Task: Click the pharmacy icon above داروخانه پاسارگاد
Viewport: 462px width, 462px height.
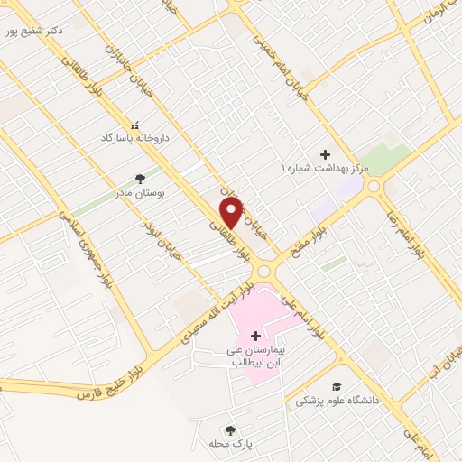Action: (x=135, y=125)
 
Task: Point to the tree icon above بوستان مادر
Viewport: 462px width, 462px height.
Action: (x=139, y=179)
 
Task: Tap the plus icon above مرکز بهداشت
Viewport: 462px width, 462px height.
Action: (x=325, y=154)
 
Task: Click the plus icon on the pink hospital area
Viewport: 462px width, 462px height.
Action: (x=255, y=335)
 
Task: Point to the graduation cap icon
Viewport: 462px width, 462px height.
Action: (x=337, y=385)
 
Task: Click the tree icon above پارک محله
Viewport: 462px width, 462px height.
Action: (x=231, y=430)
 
